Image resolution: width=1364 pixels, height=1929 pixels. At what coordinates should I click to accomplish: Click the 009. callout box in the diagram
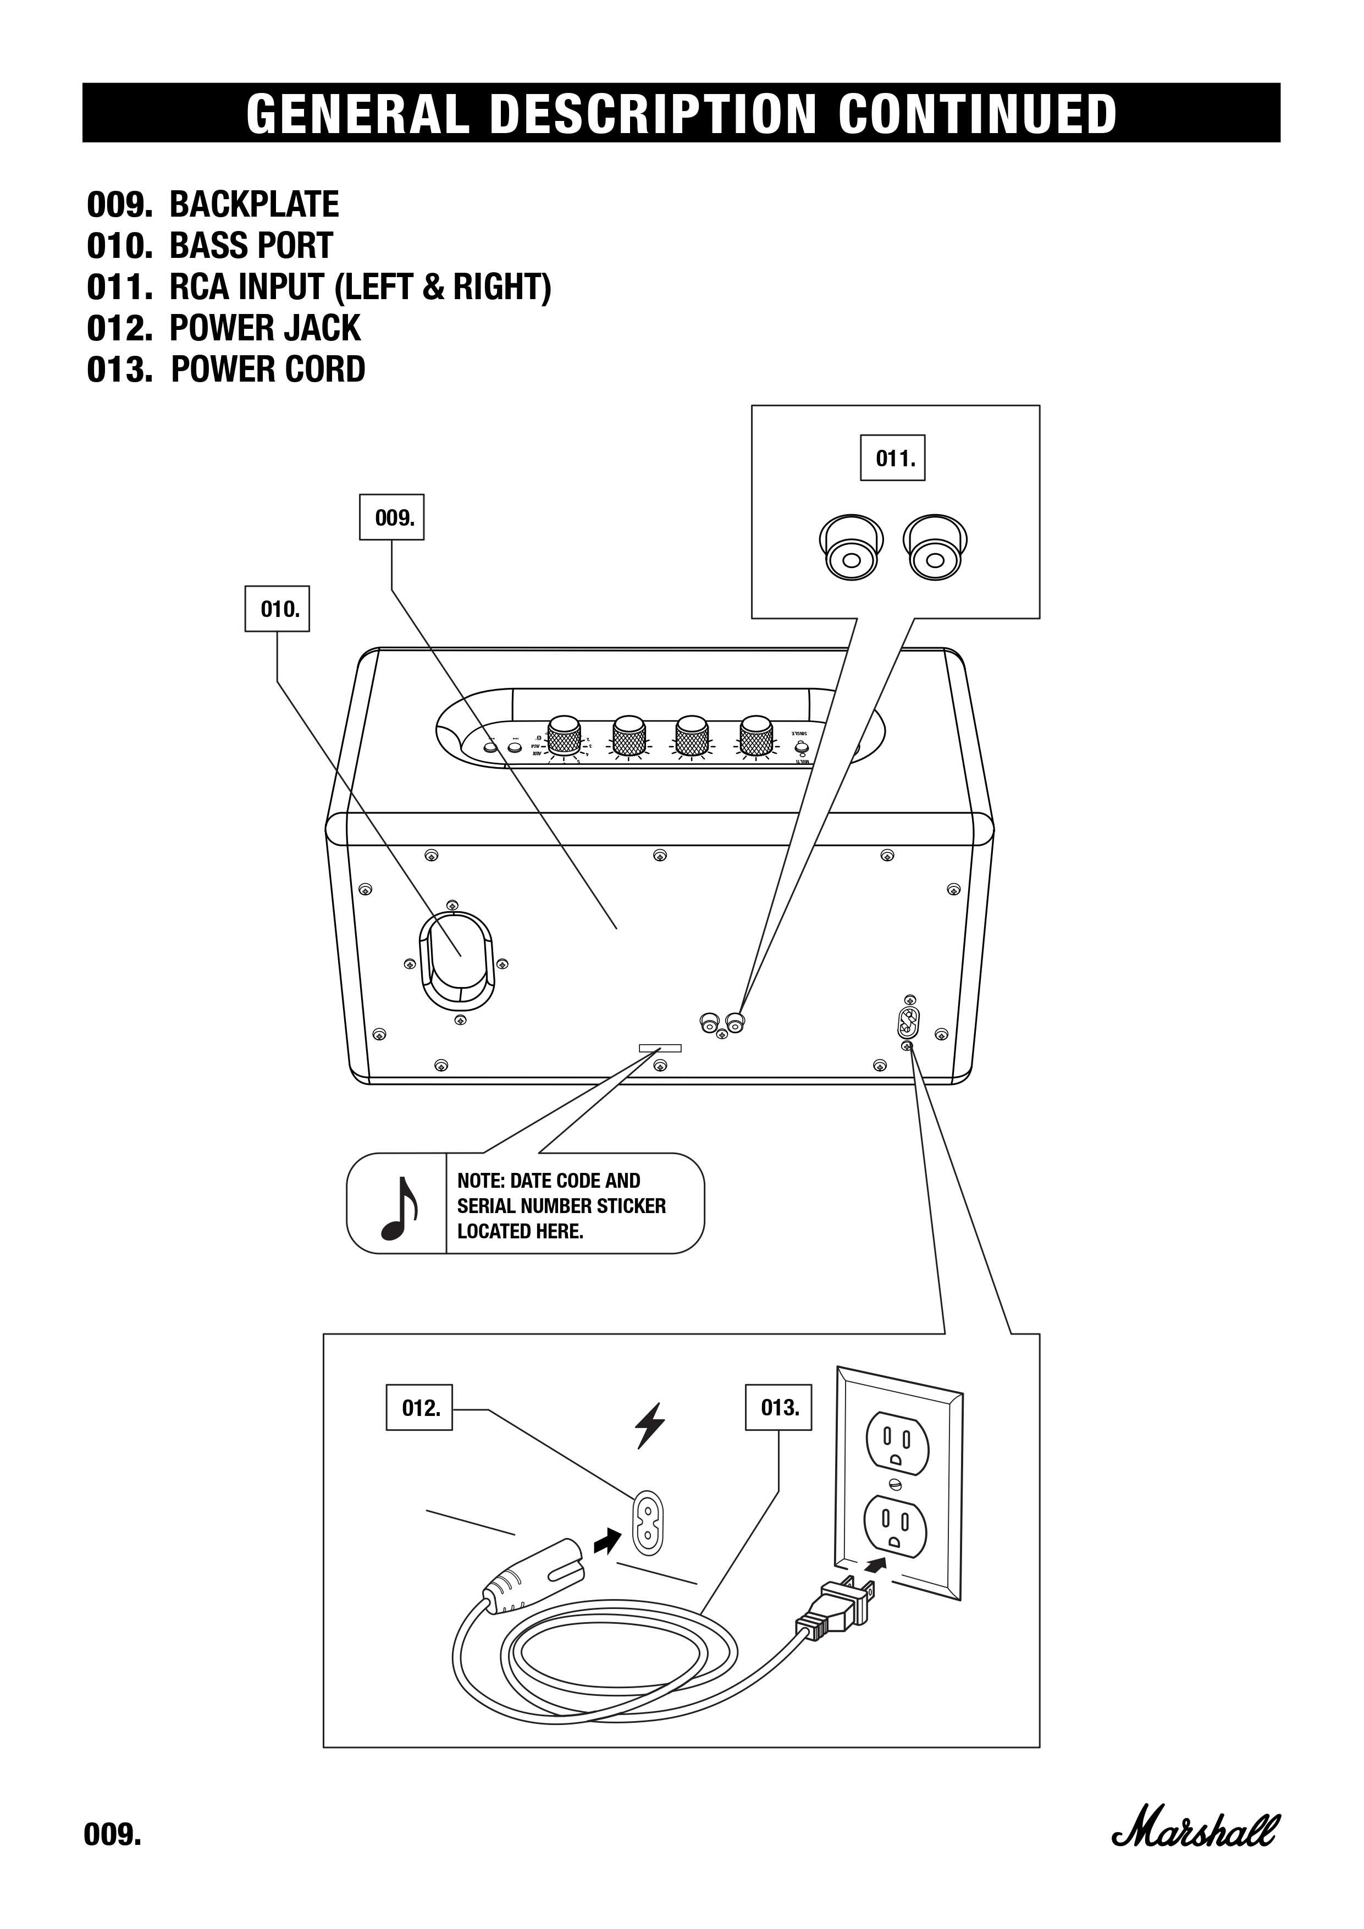point(391,517)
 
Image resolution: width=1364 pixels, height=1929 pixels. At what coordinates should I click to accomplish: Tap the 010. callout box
point(277,609)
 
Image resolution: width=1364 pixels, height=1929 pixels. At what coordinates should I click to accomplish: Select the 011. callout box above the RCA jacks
point(893,459)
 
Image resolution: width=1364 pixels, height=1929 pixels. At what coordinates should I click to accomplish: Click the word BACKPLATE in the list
point(255,205)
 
